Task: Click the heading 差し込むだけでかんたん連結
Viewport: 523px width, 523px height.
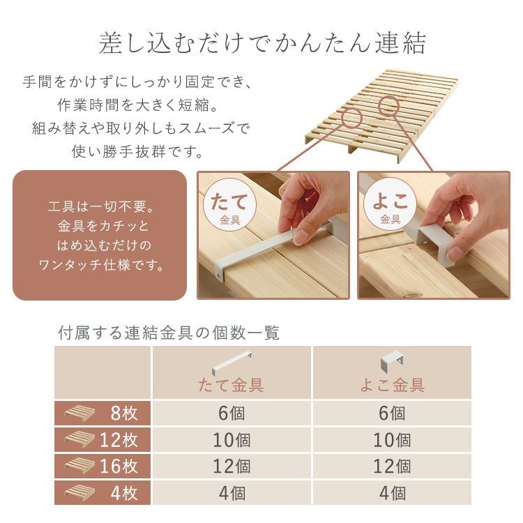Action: (x=261, y=44)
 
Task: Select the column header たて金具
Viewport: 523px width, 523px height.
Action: (x=231, y=385)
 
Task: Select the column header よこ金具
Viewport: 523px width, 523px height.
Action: (x=392, y=385)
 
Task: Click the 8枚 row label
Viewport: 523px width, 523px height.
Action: (x=103, y=414)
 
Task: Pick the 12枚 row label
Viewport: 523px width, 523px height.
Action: (x=103, y=440)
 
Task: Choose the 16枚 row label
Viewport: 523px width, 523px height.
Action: (x=103, y=467)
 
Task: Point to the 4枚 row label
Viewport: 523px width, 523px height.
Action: (x=103, y=493)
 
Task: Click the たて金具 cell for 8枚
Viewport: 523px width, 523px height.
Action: (x=232, y=414)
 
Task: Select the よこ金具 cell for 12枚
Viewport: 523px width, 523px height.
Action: (x=392, y=440)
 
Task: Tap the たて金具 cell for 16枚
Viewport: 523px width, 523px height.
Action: (x=232, y=467)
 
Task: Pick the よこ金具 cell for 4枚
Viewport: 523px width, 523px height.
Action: (x=392, y=493)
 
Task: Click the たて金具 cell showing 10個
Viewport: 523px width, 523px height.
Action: (x=232, y=440)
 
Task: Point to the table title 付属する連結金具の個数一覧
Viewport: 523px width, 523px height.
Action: (x=168, y=333)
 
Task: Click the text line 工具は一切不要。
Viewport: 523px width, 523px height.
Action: (x=100, y=208)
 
